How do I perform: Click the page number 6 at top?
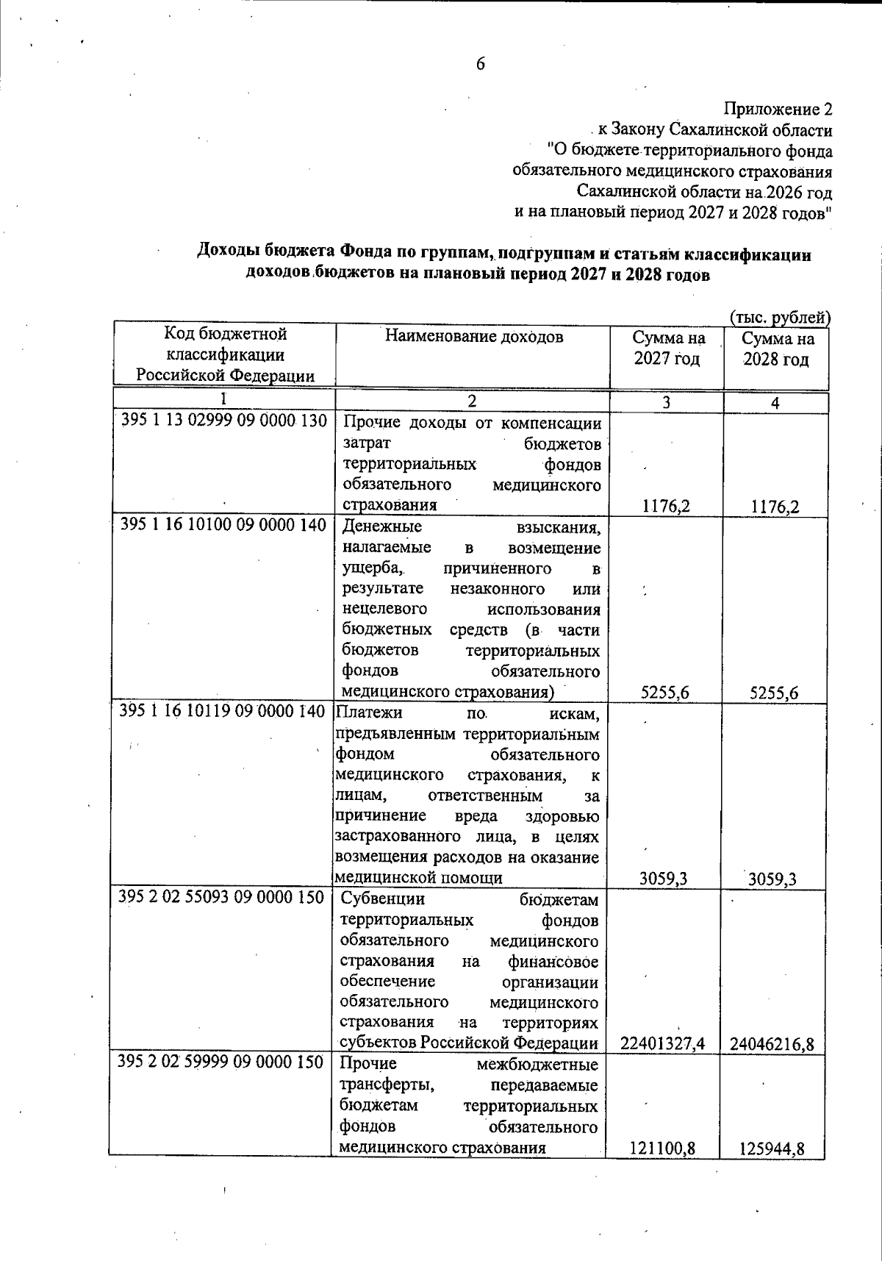tap(480, 64)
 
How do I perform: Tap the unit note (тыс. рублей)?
tap(779, 318)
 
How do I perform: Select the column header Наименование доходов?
tap(475, 337)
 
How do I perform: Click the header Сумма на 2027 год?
tap(668, 349)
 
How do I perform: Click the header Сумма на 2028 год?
tap(776, 349)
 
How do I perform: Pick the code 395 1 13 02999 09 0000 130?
tap(223, 422)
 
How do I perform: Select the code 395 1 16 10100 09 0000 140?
tap(223, 526)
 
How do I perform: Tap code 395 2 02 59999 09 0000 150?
tap(221, 1062)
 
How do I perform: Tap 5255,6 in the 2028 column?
tap(774, 693)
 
